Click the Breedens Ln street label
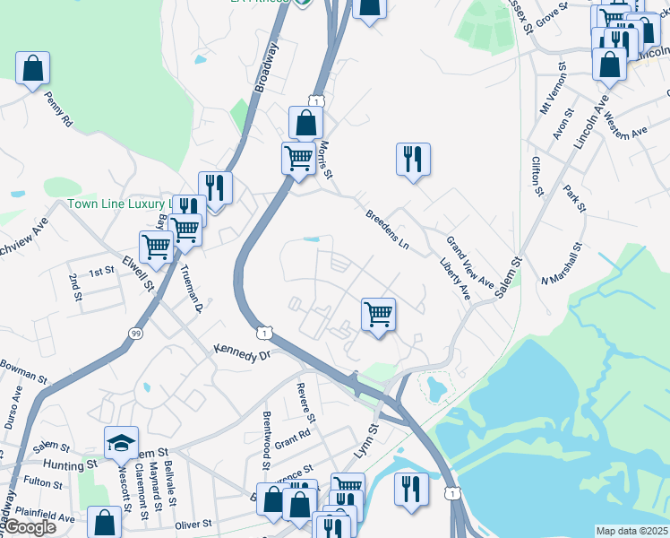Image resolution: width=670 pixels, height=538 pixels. (387, 231)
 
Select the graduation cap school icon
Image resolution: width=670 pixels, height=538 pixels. (121, 443)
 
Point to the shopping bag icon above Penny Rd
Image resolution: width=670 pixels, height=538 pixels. (32, 68)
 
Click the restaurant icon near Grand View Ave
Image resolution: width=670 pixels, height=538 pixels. (413, 160)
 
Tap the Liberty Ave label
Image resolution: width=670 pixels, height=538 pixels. (455, 280)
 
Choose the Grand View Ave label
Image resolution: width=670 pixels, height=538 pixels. (470, 262)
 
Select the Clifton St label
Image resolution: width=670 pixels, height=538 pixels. (537, 176)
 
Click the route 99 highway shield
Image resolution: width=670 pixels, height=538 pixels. (135, 334)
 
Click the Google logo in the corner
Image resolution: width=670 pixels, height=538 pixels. (30, 527)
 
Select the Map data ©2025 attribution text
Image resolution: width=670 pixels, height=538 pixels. (631, 531)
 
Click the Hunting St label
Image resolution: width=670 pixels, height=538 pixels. (73, 465)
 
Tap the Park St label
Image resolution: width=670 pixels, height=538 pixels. (574, 199)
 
